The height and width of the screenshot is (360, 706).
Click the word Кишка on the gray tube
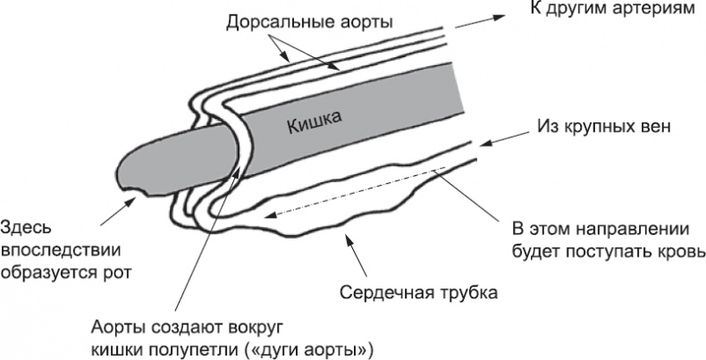click(x=314, y=125)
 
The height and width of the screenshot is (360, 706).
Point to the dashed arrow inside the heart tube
click(x=357, y=191)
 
